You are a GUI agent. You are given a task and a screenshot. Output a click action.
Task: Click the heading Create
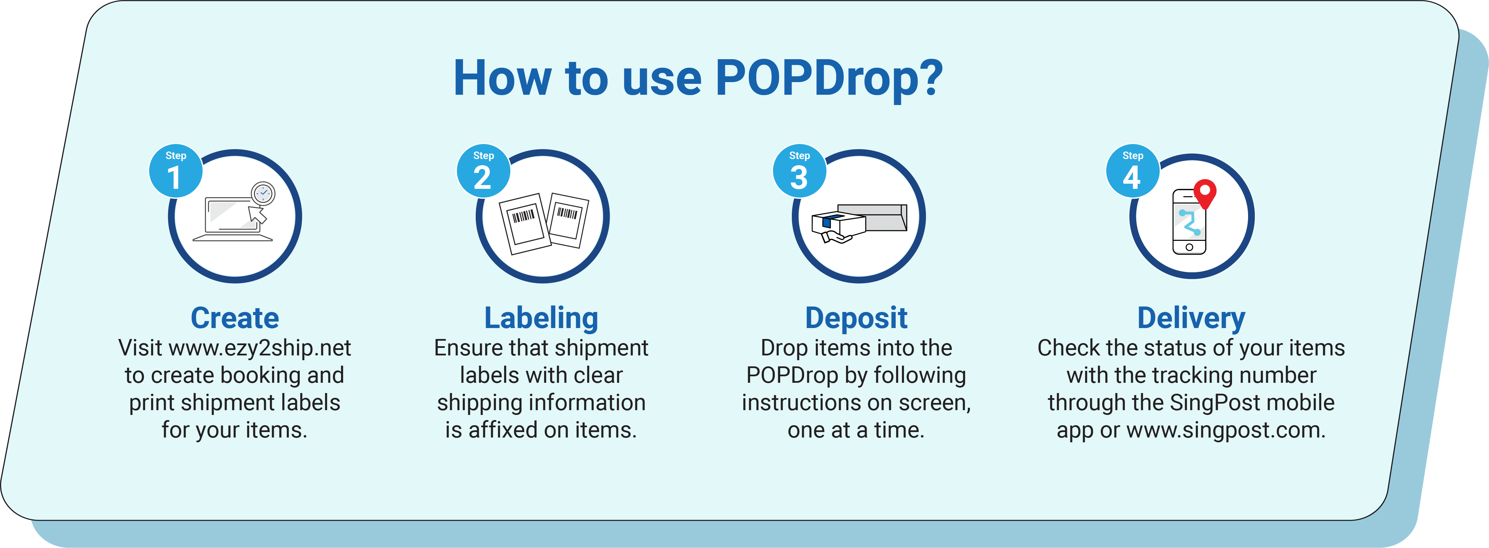235,318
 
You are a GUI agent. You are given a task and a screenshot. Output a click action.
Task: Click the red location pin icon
1205,193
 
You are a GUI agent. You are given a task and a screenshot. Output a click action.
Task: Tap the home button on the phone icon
1189,247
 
